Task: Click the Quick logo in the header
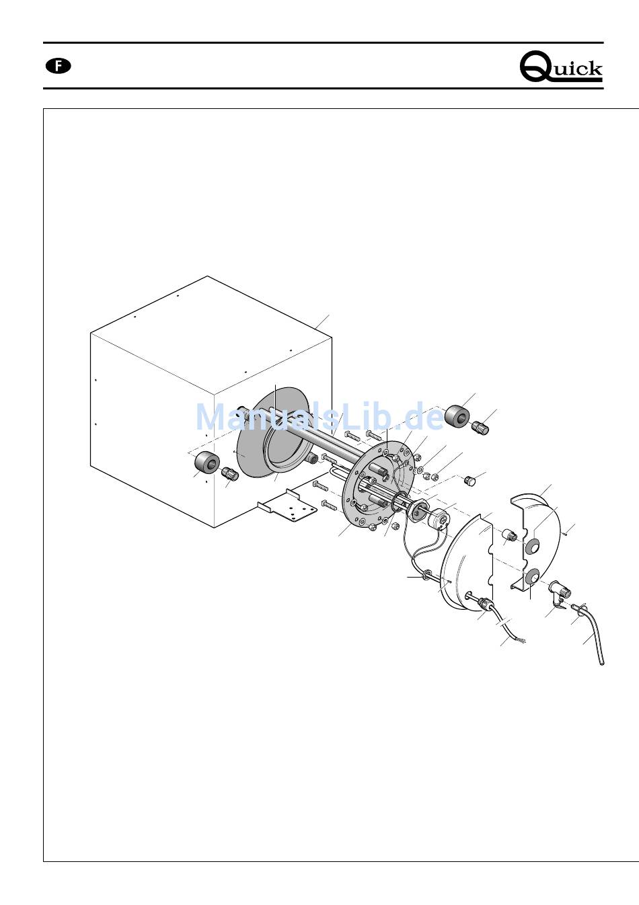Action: tap(561, 67)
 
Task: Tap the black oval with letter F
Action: tap(59, 66)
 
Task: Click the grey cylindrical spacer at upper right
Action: tap(457, 416)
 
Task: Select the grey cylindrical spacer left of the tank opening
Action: tap(207, 461)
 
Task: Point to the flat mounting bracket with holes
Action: tap(287, 506)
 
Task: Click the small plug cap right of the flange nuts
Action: tap(469, 481)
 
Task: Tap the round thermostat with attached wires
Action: tap(438, 518)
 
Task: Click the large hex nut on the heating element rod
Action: tap(417, 508)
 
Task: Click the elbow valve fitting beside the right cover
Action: tap(560, 593)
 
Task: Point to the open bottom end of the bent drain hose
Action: tap(602, 663)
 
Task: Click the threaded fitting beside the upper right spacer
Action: tap(480, 428)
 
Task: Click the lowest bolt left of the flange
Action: tap(329, 504)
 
